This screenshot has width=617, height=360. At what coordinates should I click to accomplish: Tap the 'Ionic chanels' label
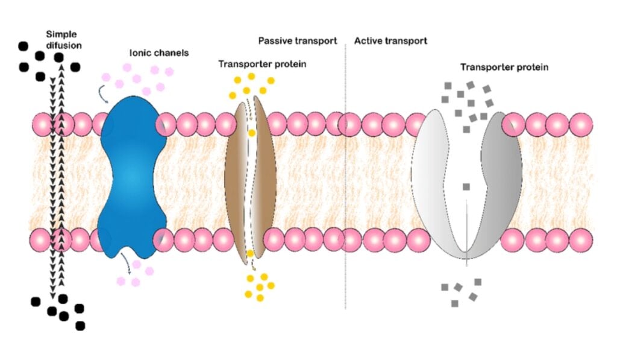(x=158, y=53)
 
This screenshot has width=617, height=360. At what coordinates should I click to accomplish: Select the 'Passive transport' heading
(x=297, y=41)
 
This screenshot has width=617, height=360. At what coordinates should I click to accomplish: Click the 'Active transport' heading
(x=390, y=41)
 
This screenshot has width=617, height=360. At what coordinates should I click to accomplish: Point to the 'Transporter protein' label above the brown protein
(x=262, y=64)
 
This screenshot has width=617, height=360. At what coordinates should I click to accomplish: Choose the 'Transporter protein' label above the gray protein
(x=504, y=68)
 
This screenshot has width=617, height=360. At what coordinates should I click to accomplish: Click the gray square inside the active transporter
(x=466, y=187)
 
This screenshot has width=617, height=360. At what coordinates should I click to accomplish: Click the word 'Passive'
(x=276, y=41)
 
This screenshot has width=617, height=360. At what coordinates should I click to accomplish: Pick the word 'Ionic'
(x=140, y=53)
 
